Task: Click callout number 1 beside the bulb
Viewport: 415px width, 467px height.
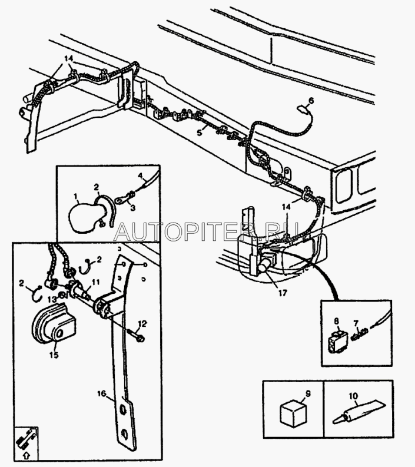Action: click(75, 196)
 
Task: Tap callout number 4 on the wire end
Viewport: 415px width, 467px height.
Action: click(141, 175)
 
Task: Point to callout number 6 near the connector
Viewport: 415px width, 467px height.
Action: click(311, 101)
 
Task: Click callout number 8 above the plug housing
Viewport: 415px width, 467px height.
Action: click(336, 322)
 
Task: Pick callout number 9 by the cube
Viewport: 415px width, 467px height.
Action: click(308, 394)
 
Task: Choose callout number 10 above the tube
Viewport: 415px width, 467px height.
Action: click(354, 396)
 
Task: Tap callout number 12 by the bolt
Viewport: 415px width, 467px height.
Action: click(142, 323)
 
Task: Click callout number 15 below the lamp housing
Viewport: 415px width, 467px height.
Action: click(54, 355)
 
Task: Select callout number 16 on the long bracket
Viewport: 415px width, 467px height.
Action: click(101, 393)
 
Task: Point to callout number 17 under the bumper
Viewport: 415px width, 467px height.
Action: click(283, 293)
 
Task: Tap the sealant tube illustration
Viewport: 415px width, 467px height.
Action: click(359, 414)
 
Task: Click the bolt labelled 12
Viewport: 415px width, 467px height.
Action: click(136, 336)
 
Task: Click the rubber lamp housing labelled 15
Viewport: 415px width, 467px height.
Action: click(54, 323)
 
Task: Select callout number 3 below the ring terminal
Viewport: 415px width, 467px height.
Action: click(133, 208)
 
